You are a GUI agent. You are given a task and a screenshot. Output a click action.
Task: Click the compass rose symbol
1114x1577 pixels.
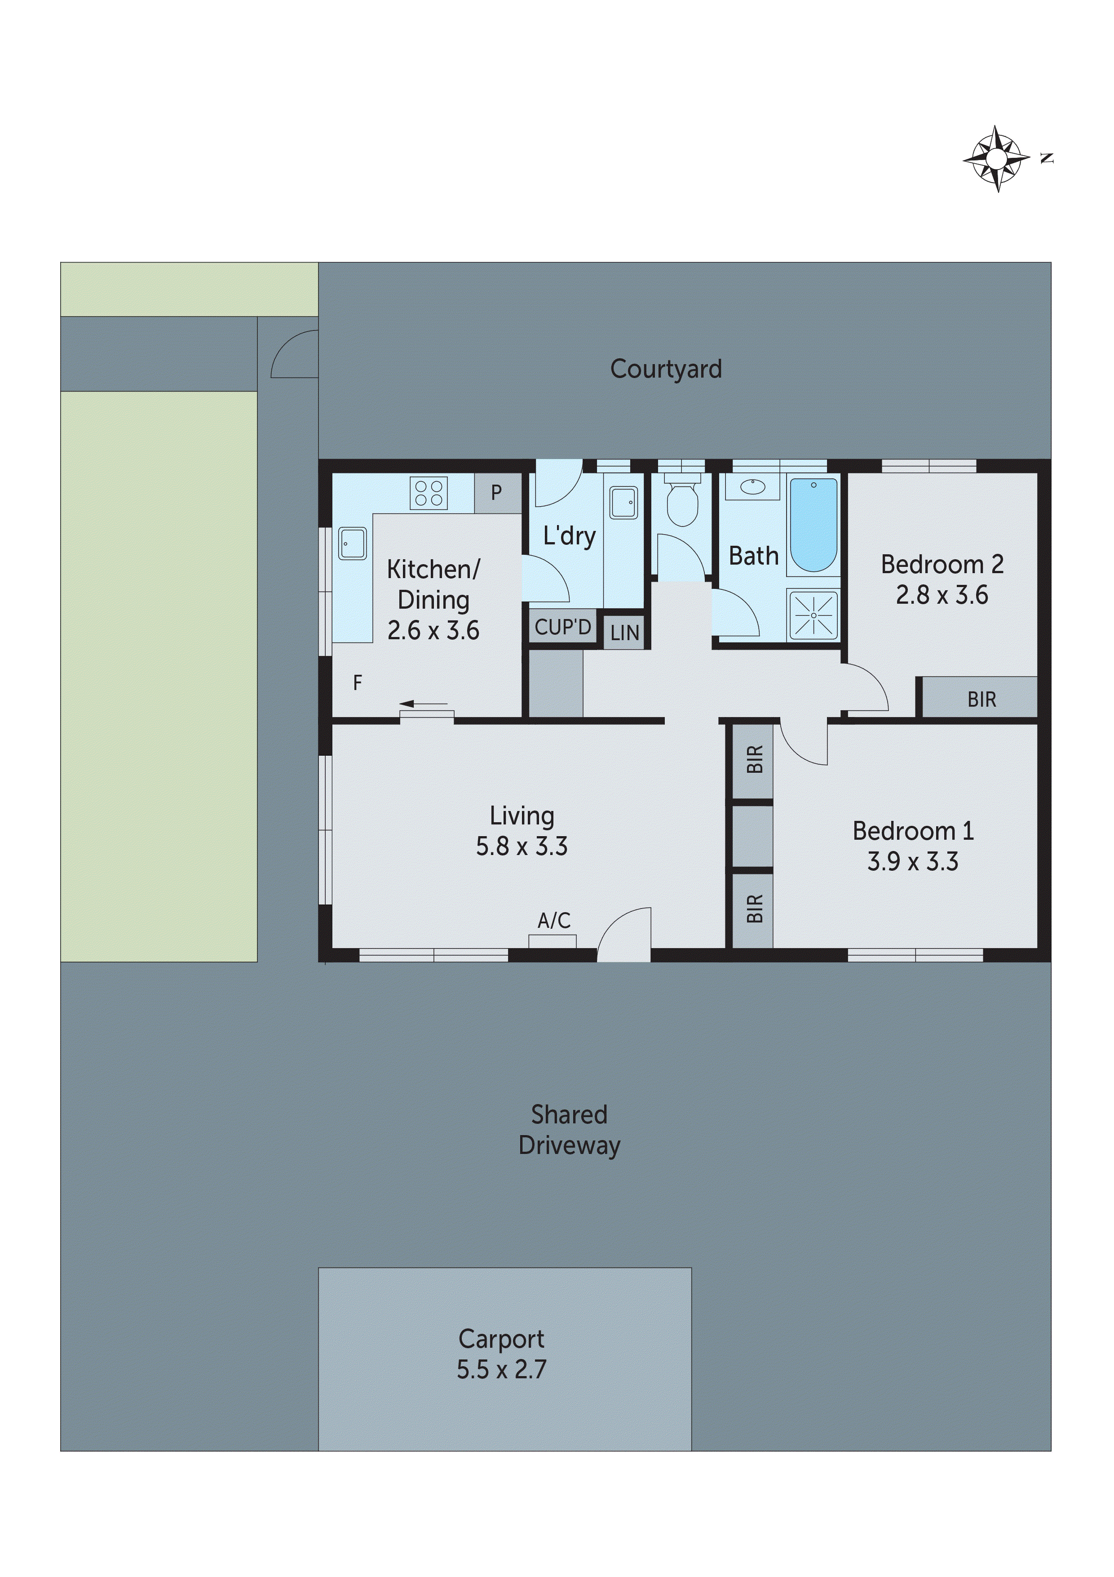coord(997,159)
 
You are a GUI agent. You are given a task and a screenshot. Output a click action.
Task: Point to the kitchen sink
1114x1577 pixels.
coord(352,543)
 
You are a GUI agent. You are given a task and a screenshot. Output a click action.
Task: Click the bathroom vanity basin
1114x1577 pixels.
coord(753,487)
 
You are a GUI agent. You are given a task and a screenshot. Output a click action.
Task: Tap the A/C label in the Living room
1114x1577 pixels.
coord(554,920)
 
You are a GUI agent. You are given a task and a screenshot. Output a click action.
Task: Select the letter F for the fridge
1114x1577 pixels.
coord(358,683)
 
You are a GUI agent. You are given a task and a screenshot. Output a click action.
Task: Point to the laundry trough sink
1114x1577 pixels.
coord(624,503)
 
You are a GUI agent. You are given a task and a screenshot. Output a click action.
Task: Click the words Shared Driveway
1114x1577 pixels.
coord(570,1130)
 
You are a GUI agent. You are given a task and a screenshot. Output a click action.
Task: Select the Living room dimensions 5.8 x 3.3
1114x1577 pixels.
coord(522,846)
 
